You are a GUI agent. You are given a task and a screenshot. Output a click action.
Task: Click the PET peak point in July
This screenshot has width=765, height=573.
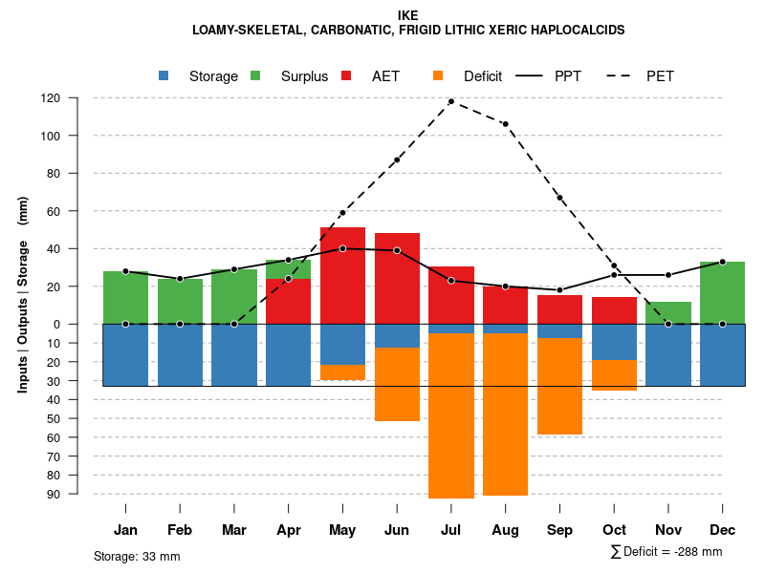pos(450,101)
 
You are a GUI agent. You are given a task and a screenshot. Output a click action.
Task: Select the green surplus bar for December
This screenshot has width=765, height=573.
pos(722,292)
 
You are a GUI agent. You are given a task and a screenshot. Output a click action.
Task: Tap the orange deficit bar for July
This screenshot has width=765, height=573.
pos(450,415)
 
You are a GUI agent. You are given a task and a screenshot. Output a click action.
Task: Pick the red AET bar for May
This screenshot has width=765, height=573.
pos(342,275)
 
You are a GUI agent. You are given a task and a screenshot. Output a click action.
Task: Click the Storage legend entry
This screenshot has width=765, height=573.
pos(200,76)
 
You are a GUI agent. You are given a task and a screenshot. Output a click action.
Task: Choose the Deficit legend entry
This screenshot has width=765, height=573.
pos(469,76)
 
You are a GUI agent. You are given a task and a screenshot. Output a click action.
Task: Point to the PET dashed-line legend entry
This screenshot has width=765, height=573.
pos(645,76)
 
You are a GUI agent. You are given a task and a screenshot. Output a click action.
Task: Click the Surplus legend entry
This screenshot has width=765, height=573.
pos(292,76)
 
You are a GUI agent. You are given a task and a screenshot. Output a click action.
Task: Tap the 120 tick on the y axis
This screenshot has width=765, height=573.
pos(77,98)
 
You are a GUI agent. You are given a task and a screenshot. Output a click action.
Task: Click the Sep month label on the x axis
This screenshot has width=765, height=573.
pos(559,530)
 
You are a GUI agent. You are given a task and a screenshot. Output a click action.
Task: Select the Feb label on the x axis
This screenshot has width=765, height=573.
pos(180,530)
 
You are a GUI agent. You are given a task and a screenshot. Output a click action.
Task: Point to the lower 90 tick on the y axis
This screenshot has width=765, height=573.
pos(77,494)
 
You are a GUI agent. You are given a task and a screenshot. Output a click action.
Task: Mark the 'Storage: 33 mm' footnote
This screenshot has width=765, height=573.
pos(137,556)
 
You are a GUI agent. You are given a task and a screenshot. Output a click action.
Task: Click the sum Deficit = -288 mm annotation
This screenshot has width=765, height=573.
pos(667,552)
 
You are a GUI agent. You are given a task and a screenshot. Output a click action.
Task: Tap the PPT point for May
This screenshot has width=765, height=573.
pos(342,248)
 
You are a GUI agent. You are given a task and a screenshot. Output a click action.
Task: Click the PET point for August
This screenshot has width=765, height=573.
pos(505,124)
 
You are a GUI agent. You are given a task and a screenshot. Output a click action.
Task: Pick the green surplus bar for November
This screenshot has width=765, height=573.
pos(667,312)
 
